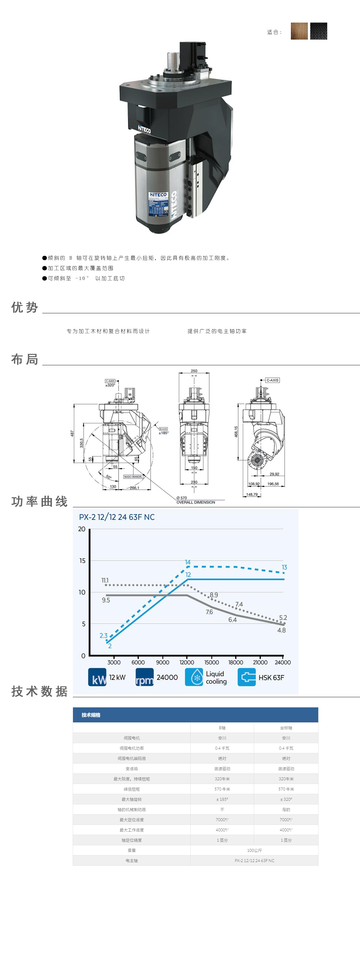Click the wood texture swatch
click(x=299, y=31)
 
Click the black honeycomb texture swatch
click(x=319, y=31)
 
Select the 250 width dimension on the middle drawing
click(x=194, y=371)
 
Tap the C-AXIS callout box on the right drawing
click(x=272, y=380)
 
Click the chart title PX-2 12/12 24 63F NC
click(x=117, y=517)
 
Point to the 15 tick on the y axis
click(x=82, y=561)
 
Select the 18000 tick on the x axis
click(x=236, y=662)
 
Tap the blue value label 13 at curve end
click(x=284, y=568)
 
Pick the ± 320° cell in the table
click(x=286, y=799)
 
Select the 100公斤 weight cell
click(x=254, y=850)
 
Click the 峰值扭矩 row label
click(x=132, y=789)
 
